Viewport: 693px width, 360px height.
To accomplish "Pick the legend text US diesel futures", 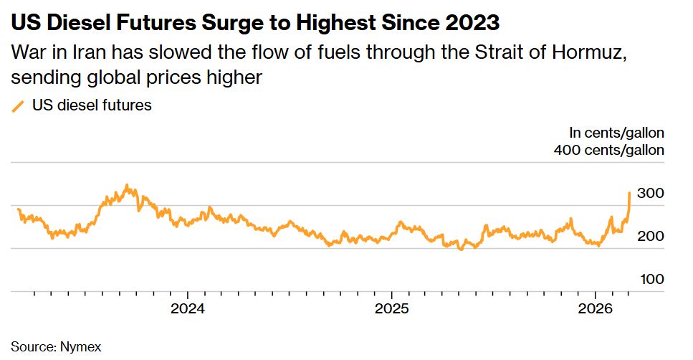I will coord(92,105).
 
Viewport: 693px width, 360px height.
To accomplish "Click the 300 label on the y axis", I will coord(650,194).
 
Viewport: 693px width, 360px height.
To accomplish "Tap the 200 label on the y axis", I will coord(650,237).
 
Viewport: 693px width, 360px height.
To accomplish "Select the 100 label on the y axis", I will coord(650,280).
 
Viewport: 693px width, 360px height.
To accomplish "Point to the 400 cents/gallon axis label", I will coord(609,150).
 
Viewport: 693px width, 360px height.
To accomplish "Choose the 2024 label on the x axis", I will coord(187,309).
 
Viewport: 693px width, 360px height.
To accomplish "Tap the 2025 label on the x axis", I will coord(392,309).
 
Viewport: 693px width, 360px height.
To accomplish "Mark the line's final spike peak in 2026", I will coord(629,192).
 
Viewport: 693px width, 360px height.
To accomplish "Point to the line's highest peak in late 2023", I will coord(127,185).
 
